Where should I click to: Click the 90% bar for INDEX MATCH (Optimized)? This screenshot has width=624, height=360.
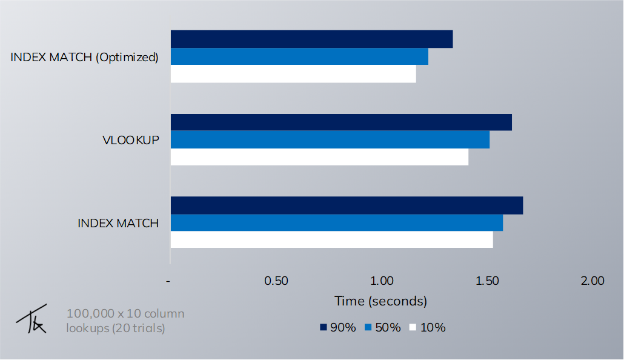[311, 39]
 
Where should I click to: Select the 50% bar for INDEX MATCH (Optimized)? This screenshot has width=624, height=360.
[299, 56]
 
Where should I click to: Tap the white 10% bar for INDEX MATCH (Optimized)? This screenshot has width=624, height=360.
[293, 74]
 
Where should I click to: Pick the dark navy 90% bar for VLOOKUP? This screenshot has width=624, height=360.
[341, 122]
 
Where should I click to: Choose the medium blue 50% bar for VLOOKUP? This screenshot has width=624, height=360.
[330, 139]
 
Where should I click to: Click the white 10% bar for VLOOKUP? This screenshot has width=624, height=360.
[319, 157]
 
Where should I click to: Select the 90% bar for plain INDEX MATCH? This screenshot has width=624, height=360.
[347, 205]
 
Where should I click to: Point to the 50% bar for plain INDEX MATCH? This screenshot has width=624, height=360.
[336, 222]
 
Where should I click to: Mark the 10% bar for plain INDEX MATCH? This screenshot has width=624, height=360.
[331, 239]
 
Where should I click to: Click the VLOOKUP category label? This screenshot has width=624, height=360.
[130, 140]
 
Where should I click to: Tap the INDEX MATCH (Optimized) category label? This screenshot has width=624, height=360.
[84, 58]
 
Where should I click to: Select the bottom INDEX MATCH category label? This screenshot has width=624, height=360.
[118, 223]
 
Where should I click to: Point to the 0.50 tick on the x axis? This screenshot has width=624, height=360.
[276, 281]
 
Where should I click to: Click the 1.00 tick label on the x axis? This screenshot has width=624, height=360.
[382, 281]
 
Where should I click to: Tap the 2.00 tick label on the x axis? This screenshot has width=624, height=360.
[592, 281]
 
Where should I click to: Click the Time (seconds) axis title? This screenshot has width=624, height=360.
[381, 301]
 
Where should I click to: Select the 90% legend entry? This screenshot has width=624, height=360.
[338, 327]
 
